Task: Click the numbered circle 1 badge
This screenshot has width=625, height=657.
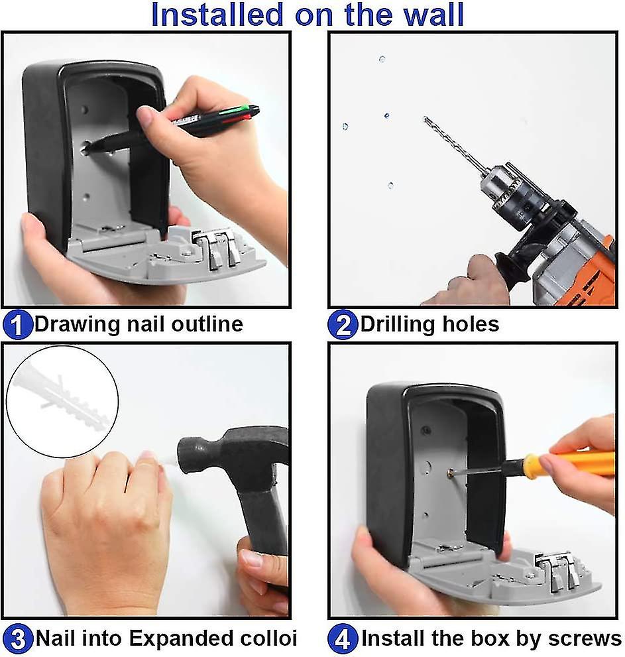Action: click(x=17, y=325)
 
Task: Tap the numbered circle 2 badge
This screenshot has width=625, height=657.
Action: click(x=343, y=325)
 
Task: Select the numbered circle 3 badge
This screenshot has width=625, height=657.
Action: click(x=17, y=639)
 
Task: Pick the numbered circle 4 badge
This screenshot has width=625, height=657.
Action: click(x=343, y=639)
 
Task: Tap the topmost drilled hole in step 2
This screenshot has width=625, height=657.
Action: click(x=382, y=59)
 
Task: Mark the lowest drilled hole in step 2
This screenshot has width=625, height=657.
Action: click(x=390, y=185)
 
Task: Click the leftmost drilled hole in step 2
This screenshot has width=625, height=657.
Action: click(x=345, y=126)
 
